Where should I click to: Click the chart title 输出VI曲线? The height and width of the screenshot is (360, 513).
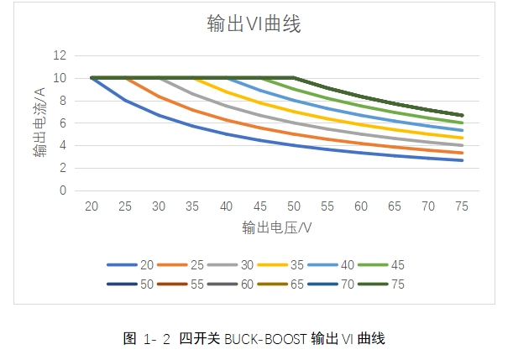tap(254, 24)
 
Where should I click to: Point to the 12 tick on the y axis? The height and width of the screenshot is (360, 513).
tap(60, 55)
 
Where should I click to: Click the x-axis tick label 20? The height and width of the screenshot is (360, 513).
tap(91, 206)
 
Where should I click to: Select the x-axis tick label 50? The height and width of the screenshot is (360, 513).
tap(294, 206)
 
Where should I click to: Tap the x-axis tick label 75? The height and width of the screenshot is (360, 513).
tap(462, 206)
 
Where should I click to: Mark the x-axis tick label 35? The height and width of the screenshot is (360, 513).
tap(192, 206)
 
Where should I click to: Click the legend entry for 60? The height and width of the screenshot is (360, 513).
tap(235, 285)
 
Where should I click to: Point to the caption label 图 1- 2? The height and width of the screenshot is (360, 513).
tap(148, 339)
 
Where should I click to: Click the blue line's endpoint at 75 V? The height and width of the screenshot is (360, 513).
tap(462, 160)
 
